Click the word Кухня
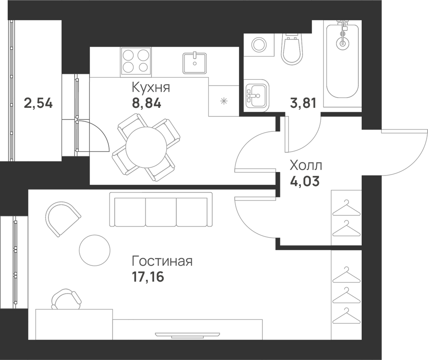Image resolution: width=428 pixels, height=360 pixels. coord(151,88)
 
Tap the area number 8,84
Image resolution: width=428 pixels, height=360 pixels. coord(146,104)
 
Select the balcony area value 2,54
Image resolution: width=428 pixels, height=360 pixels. coord(38,104)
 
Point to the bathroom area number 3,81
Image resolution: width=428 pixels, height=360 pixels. coord(303,104)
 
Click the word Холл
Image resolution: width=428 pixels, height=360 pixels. coord(306,166)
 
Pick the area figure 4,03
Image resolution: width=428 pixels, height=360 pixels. coord(305,181)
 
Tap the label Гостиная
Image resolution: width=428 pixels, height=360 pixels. coord(162,261)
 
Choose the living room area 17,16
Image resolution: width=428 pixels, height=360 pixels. coord(148,277)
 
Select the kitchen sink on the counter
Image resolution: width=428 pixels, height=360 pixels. coord(195,63)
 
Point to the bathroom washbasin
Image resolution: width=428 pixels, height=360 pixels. coord(256,95)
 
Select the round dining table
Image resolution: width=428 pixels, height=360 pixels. coord(146,147)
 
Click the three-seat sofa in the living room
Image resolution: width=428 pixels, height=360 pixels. coord(161,209)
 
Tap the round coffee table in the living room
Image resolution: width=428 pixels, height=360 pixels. coord(95,250)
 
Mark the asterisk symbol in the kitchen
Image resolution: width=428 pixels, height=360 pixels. coord(224,101)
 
